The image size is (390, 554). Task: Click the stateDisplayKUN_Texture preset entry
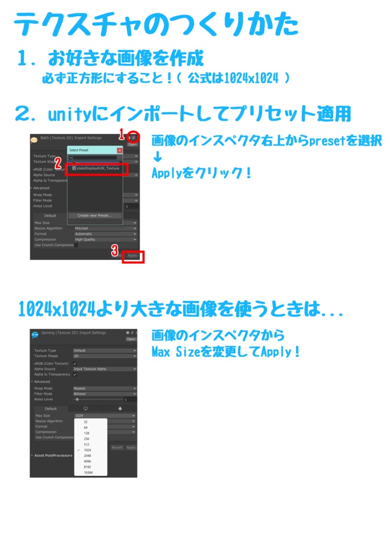pyautogui.click(x=97, y=168)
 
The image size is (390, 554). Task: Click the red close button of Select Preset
pyautogui.click(x=120, y=150)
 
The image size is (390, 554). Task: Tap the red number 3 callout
pyautogui.click(x=115, y=250)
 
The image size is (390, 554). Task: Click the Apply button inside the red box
pyautogui.click(x=132, y=255)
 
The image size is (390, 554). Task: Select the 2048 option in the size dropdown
pyautogui.click(x=87, y=456)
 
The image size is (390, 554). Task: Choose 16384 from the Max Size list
pyautogui.click(x=88, y=472)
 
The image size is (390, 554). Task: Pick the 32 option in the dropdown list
pyautogui.click(x=86, y=421)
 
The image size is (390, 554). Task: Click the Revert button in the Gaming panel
pyautogui.click(x=117, y=447)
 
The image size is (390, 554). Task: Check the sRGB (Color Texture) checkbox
pyautogui.click(x=75, y=364)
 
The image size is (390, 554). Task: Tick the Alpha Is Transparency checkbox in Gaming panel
pyautogui.click(x=75, y=374)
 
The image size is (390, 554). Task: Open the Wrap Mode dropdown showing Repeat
pyautogui.click(x=105, y=388)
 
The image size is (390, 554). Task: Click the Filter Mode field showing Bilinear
pyautogui.click(x=105, y=394)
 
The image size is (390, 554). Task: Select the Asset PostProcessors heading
pyautogui.click(x=53, y=456)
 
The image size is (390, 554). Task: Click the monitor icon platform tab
pyautogui.click(x=85, y=408)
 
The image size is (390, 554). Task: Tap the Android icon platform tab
pyautogui.click(x=119, y=408)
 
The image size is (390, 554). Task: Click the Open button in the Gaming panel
pyautogui.click(x=131, y=339)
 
